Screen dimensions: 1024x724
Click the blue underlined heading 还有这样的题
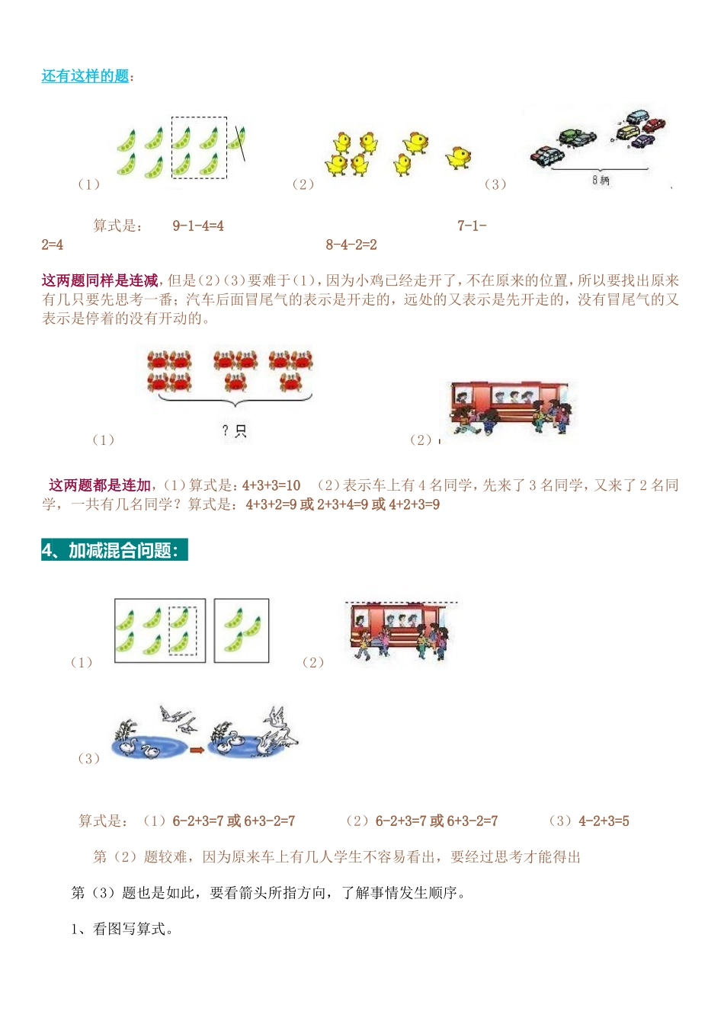85,76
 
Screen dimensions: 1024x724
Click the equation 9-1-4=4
198,226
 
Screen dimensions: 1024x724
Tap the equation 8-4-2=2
351,245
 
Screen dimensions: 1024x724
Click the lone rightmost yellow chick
458,157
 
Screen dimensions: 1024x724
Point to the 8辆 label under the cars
601,181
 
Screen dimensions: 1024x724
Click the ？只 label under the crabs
234,431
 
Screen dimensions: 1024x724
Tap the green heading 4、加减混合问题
114,550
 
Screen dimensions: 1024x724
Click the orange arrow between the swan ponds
197,750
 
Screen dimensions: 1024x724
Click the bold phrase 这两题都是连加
100,485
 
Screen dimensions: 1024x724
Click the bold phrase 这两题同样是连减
100,280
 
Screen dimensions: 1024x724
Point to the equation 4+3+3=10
271,485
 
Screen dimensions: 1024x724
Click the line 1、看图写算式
122,929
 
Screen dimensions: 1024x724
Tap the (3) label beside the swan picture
88,758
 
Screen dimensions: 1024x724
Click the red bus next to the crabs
509,407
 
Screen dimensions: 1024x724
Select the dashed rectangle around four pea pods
199,148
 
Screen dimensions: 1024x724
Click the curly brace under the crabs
235,401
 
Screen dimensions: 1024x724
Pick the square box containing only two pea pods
242,630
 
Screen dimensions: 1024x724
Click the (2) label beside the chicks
303,184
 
